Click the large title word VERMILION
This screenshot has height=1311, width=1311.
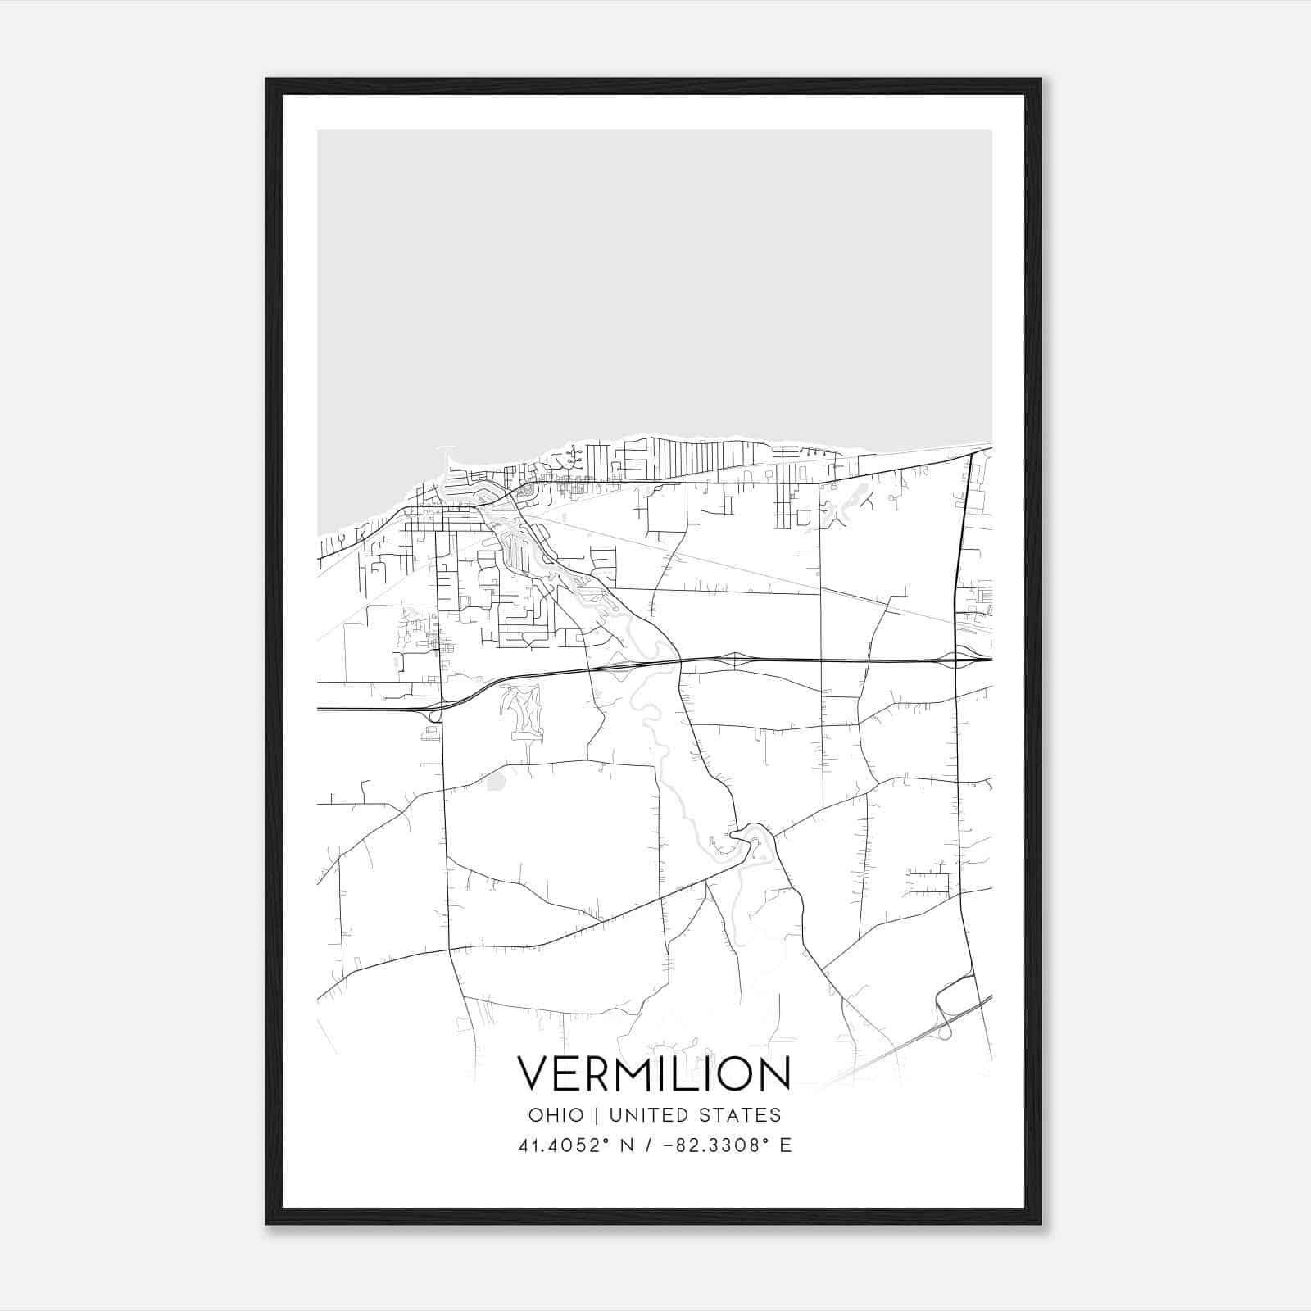click(654, 1073)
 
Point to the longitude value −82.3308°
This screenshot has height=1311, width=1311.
click(711, 1145)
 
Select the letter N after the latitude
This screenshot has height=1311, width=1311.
click(628, 1145)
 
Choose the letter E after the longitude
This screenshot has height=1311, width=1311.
click(786, 1145)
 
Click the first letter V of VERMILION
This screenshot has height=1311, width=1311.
click(533, 1073)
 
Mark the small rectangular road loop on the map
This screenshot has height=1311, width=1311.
click(928, 883)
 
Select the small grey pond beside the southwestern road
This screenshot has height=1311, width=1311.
click(494, 783)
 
